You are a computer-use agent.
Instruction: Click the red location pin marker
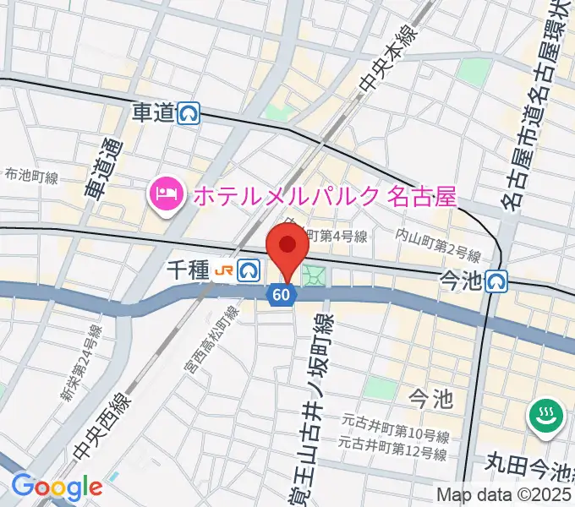tap(287, 251)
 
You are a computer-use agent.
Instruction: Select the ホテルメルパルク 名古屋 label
tap(325, 197)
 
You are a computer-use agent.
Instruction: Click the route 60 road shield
tap(282, 295)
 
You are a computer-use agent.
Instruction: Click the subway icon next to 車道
tap(189, 112)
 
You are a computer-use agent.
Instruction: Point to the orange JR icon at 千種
tap(223, 270)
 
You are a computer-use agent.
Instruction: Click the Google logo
tap(57, 487)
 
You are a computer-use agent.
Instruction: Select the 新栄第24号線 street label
tap(81, 365)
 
